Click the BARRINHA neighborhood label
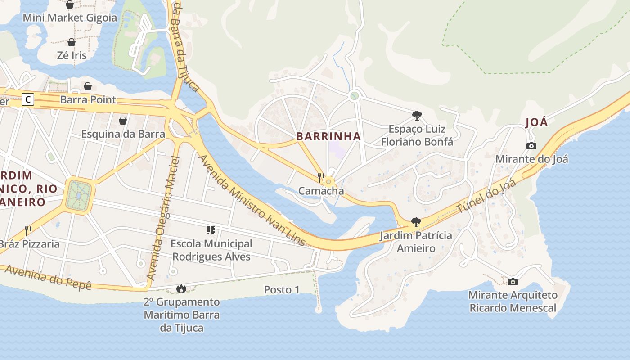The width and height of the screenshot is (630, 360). (x=328, y=136)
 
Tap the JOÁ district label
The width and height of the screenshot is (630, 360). (x=536, y=122)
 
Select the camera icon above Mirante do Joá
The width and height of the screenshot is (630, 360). (x=531, y=146)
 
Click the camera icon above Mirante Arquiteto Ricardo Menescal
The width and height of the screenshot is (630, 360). (x=513, y=282)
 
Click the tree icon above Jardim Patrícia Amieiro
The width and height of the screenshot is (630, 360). (x=416, y=222)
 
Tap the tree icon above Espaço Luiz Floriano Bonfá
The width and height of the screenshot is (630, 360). (x=417, y=116)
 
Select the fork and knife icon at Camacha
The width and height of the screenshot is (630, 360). (x=321, y=177)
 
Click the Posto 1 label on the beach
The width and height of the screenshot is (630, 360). (x=282, y=290)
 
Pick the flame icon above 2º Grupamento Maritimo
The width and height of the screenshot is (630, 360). (x=181, y=288)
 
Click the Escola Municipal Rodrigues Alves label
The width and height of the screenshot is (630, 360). (x=211, y=250)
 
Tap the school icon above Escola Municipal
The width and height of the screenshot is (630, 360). (x=211, y=231)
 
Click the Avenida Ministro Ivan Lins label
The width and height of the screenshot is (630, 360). (x=252, y=201)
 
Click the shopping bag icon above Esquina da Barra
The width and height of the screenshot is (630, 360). (x=122, y=121)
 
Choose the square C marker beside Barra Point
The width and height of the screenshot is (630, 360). (x=28, y=99)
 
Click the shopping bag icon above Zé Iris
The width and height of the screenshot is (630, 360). (x=72, y=42)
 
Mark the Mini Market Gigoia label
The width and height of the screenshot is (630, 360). (x=70, y=18)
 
